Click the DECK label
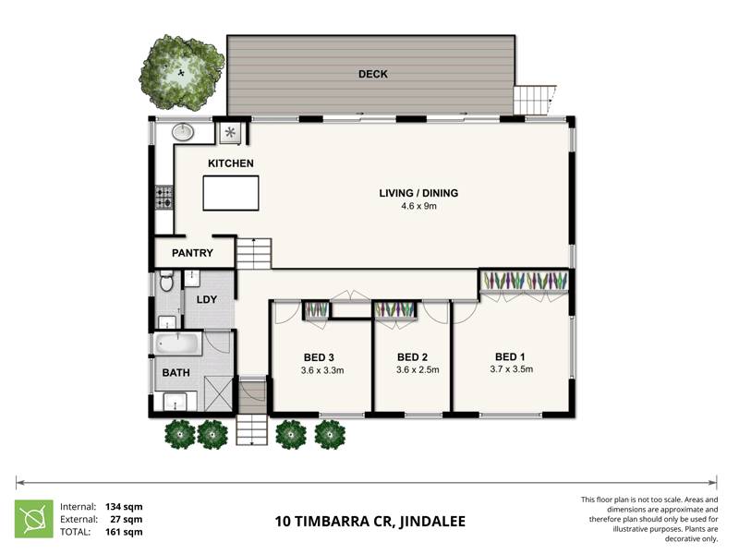tap(373, 74)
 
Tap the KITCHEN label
tap(230, 163)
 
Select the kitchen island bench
tap(228, 195)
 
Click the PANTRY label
tap(192, 253)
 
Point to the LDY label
tap(206, 300)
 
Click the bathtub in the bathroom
tap(178, 344)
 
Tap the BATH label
tap(176, 373)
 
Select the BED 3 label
tap(319, 357)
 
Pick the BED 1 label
tap(511, 356)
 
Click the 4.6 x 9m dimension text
tap(418, 206)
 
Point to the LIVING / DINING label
tap(418, 193)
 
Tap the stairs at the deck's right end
tap(533, 99)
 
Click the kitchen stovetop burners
tap(164, 197)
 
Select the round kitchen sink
tap(183, 132)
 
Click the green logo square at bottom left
tap(32, 519)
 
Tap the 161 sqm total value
tap(124, 532)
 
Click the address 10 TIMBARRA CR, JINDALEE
tap(369, 522)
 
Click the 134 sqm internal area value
tap(124, 506)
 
